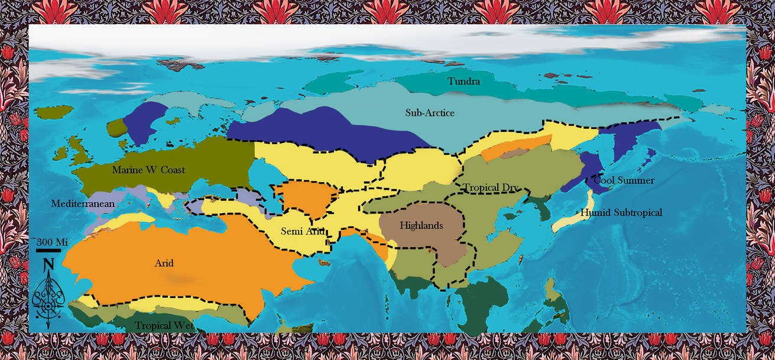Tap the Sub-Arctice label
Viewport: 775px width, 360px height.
[430, 113]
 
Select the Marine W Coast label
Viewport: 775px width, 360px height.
[148, 170]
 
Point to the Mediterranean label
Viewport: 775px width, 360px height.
[83, 204]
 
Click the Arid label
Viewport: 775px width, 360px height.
[164, 263]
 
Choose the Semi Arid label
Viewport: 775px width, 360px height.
[303, 231]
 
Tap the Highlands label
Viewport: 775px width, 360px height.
[421, 225]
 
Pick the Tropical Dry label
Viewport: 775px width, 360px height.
[491, 188]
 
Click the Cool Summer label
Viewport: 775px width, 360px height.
[624, 181]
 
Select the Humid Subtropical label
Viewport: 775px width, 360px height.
[621, 213]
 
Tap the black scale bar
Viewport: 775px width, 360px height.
[48, 251]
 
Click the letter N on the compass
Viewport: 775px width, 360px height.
[48, 264]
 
